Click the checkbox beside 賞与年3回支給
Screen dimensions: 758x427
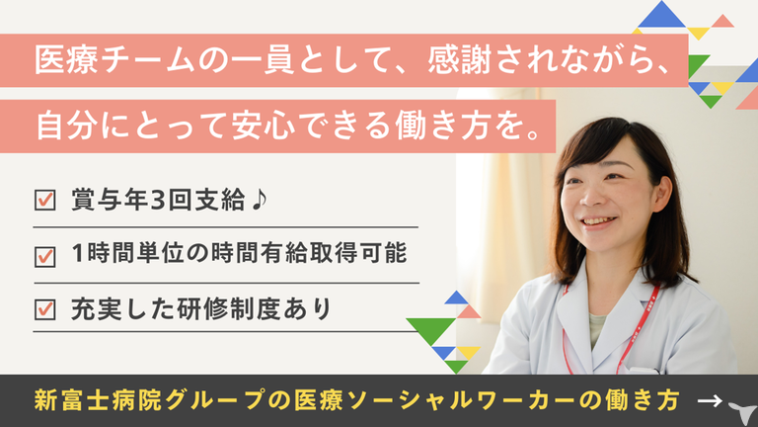[45, 200]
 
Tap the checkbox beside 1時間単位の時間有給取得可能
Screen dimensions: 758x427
[45, 257]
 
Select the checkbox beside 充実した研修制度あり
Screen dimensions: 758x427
[45, 309]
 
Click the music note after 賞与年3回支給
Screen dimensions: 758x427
[260, 200]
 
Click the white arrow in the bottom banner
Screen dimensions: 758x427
[710, 400]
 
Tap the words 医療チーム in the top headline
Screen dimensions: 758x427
[115, 60]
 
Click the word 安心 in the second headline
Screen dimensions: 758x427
[263, 126]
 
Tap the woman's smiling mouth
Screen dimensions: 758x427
[599, 222]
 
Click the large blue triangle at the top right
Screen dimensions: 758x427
[661, 14]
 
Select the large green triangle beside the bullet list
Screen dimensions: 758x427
[430, 331]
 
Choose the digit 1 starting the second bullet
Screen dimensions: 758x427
[77, 253]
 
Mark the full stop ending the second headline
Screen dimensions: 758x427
[534, 134]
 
